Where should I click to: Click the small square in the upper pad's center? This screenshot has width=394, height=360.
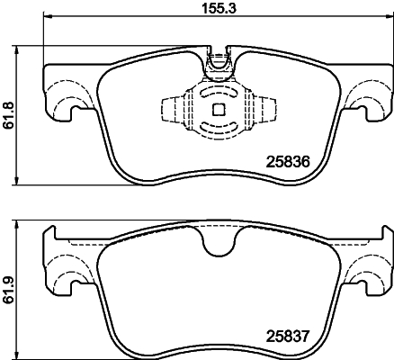click(217, 110)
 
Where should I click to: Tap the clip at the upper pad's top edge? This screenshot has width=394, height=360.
click(217, 63)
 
